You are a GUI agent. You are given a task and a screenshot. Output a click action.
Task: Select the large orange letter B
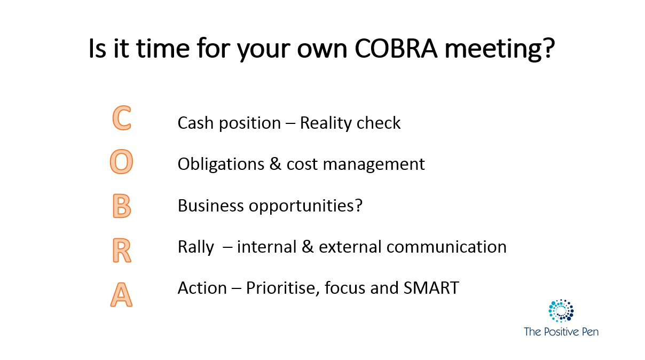pos(122,206)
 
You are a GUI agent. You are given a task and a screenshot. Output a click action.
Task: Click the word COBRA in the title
pos(396,48)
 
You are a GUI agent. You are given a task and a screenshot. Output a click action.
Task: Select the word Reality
pos(325,124)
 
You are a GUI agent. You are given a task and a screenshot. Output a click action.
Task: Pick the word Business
pos(210,206)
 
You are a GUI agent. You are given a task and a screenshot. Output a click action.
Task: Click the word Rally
pos(196,248)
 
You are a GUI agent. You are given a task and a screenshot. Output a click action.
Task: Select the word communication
pos(446,247)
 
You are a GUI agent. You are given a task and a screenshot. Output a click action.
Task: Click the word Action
pos(202,288)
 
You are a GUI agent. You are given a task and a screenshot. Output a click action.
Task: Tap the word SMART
pos(431,288)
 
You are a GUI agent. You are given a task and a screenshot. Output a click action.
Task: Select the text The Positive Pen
pos(561,332)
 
